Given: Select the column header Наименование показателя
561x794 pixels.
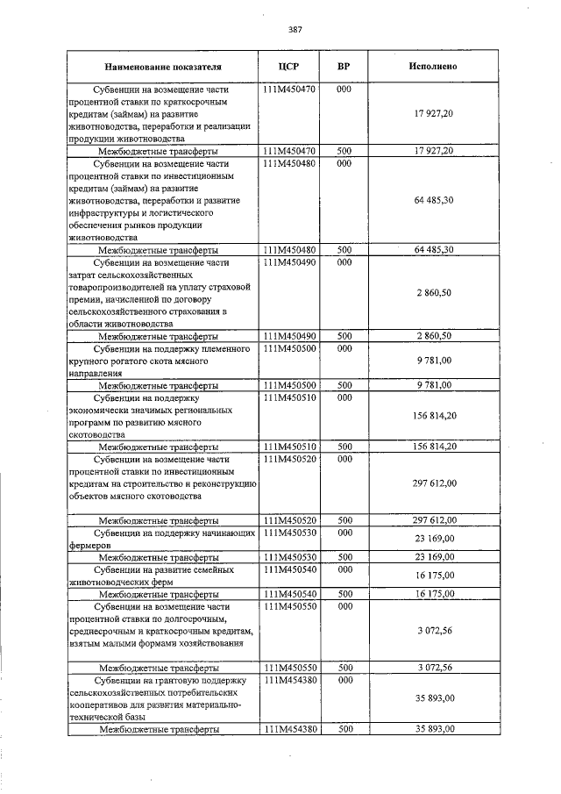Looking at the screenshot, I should [163, 66].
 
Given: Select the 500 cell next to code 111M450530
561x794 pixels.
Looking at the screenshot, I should [344, 557].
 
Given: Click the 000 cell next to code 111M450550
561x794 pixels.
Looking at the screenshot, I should [344, 606].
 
